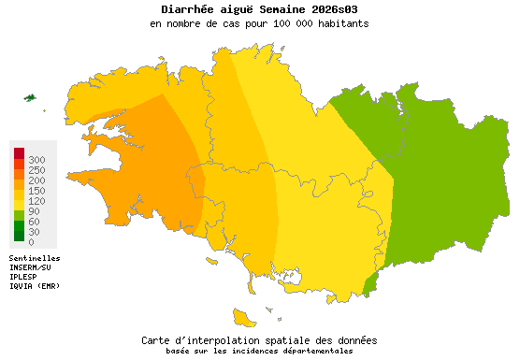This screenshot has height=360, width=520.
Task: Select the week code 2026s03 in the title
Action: pos(333,9)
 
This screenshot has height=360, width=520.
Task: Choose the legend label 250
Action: pos(36,170)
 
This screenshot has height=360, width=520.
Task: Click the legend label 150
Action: pos(36,191)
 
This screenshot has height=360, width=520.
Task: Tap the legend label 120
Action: pos(36,201)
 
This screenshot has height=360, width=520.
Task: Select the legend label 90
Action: pos(34,211)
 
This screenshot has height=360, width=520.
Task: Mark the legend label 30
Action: pos(34,232)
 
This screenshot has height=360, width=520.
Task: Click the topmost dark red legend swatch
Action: pos(19,152)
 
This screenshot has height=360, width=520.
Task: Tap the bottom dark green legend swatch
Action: pos(19,235)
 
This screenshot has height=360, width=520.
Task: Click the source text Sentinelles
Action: pos(35,257)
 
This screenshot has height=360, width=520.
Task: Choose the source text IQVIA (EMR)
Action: pos(35,286)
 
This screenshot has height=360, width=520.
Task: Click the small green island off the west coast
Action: pos(30,97)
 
